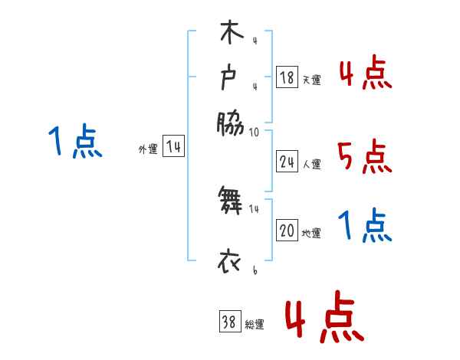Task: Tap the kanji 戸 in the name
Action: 230,77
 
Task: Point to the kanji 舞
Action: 230,201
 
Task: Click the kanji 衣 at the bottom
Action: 230,263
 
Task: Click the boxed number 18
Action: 287,77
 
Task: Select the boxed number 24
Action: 287,162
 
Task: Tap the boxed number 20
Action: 287,231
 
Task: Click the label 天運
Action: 311,80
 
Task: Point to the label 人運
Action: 311,164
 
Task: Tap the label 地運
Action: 311,234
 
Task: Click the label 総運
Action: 254,324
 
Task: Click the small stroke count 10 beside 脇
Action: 254,132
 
